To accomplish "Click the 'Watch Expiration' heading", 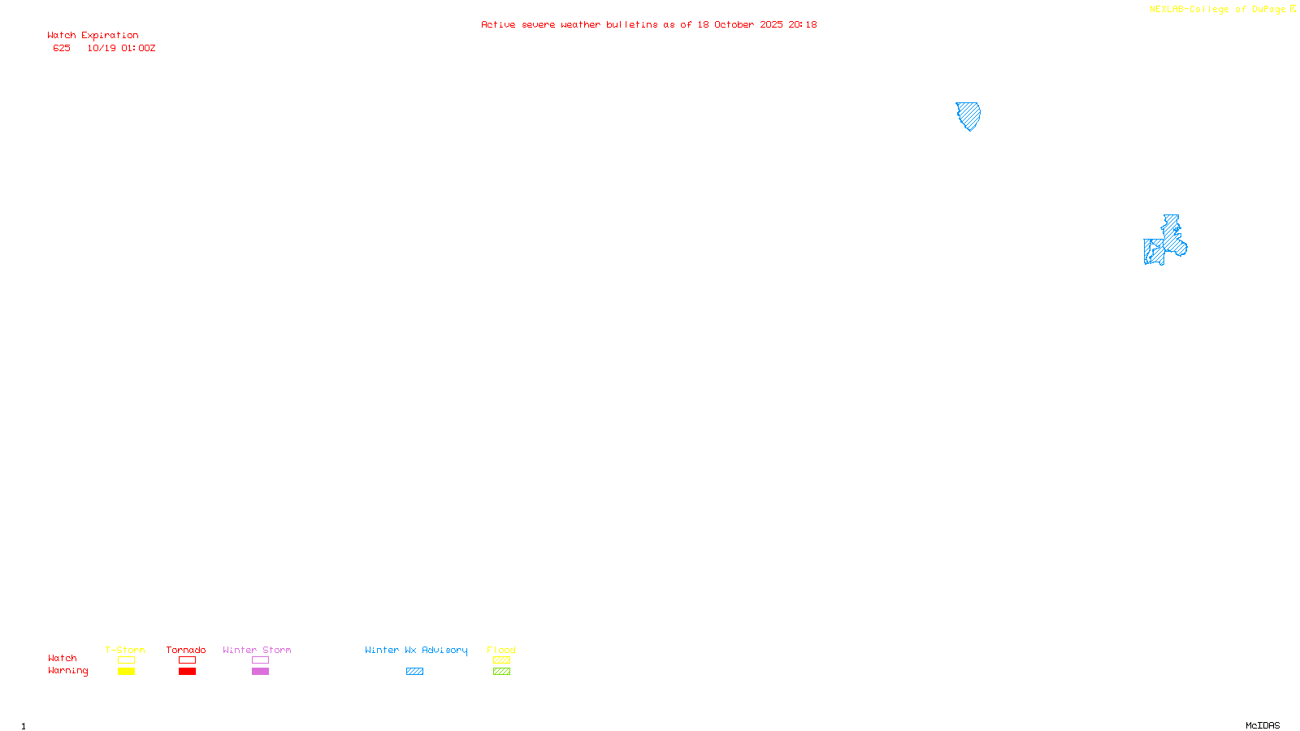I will point(93,36).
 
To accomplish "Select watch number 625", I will point(62,49).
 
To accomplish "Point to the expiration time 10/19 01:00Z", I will point(121,49).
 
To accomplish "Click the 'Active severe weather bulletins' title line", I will point(648,25).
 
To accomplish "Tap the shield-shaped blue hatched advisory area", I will point(968,115).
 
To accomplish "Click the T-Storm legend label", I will point(125,650).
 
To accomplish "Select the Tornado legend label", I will point(186,650).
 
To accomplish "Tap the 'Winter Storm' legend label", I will point(257,650).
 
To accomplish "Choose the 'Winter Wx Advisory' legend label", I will point(416,650).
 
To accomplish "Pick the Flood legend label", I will point(501,650).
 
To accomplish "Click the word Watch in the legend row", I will point(63,659).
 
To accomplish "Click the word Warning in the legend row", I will point(67,671).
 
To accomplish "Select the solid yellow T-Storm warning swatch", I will point(126,672).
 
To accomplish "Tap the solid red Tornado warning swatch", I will point(187,672).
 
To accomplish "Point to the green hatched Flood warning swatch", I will point(501,672).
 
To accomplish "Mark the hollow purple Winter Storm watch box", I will point(260,660).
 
